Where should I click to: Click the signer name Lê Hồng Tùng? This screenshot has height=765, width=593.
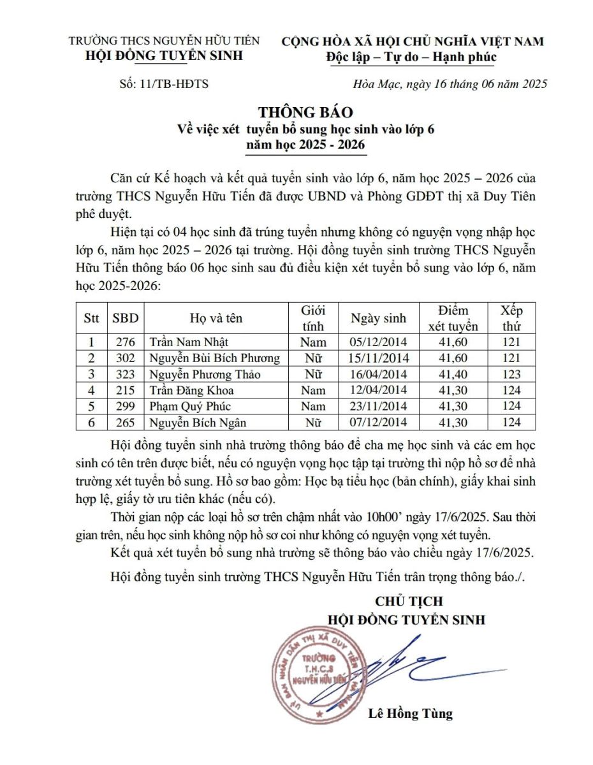410,713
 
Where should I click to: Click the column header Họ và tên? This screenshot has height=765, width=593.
216,318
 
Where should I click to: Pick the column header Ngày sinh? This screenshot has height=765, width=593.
379,318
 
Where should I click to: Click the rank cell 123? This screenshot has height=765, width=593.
511,374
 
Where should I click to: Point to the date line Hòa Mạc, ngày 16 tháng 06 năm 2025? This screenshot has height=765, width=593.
450,84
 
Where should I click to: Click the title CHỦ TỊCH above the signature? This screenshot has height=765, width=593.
409,601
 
